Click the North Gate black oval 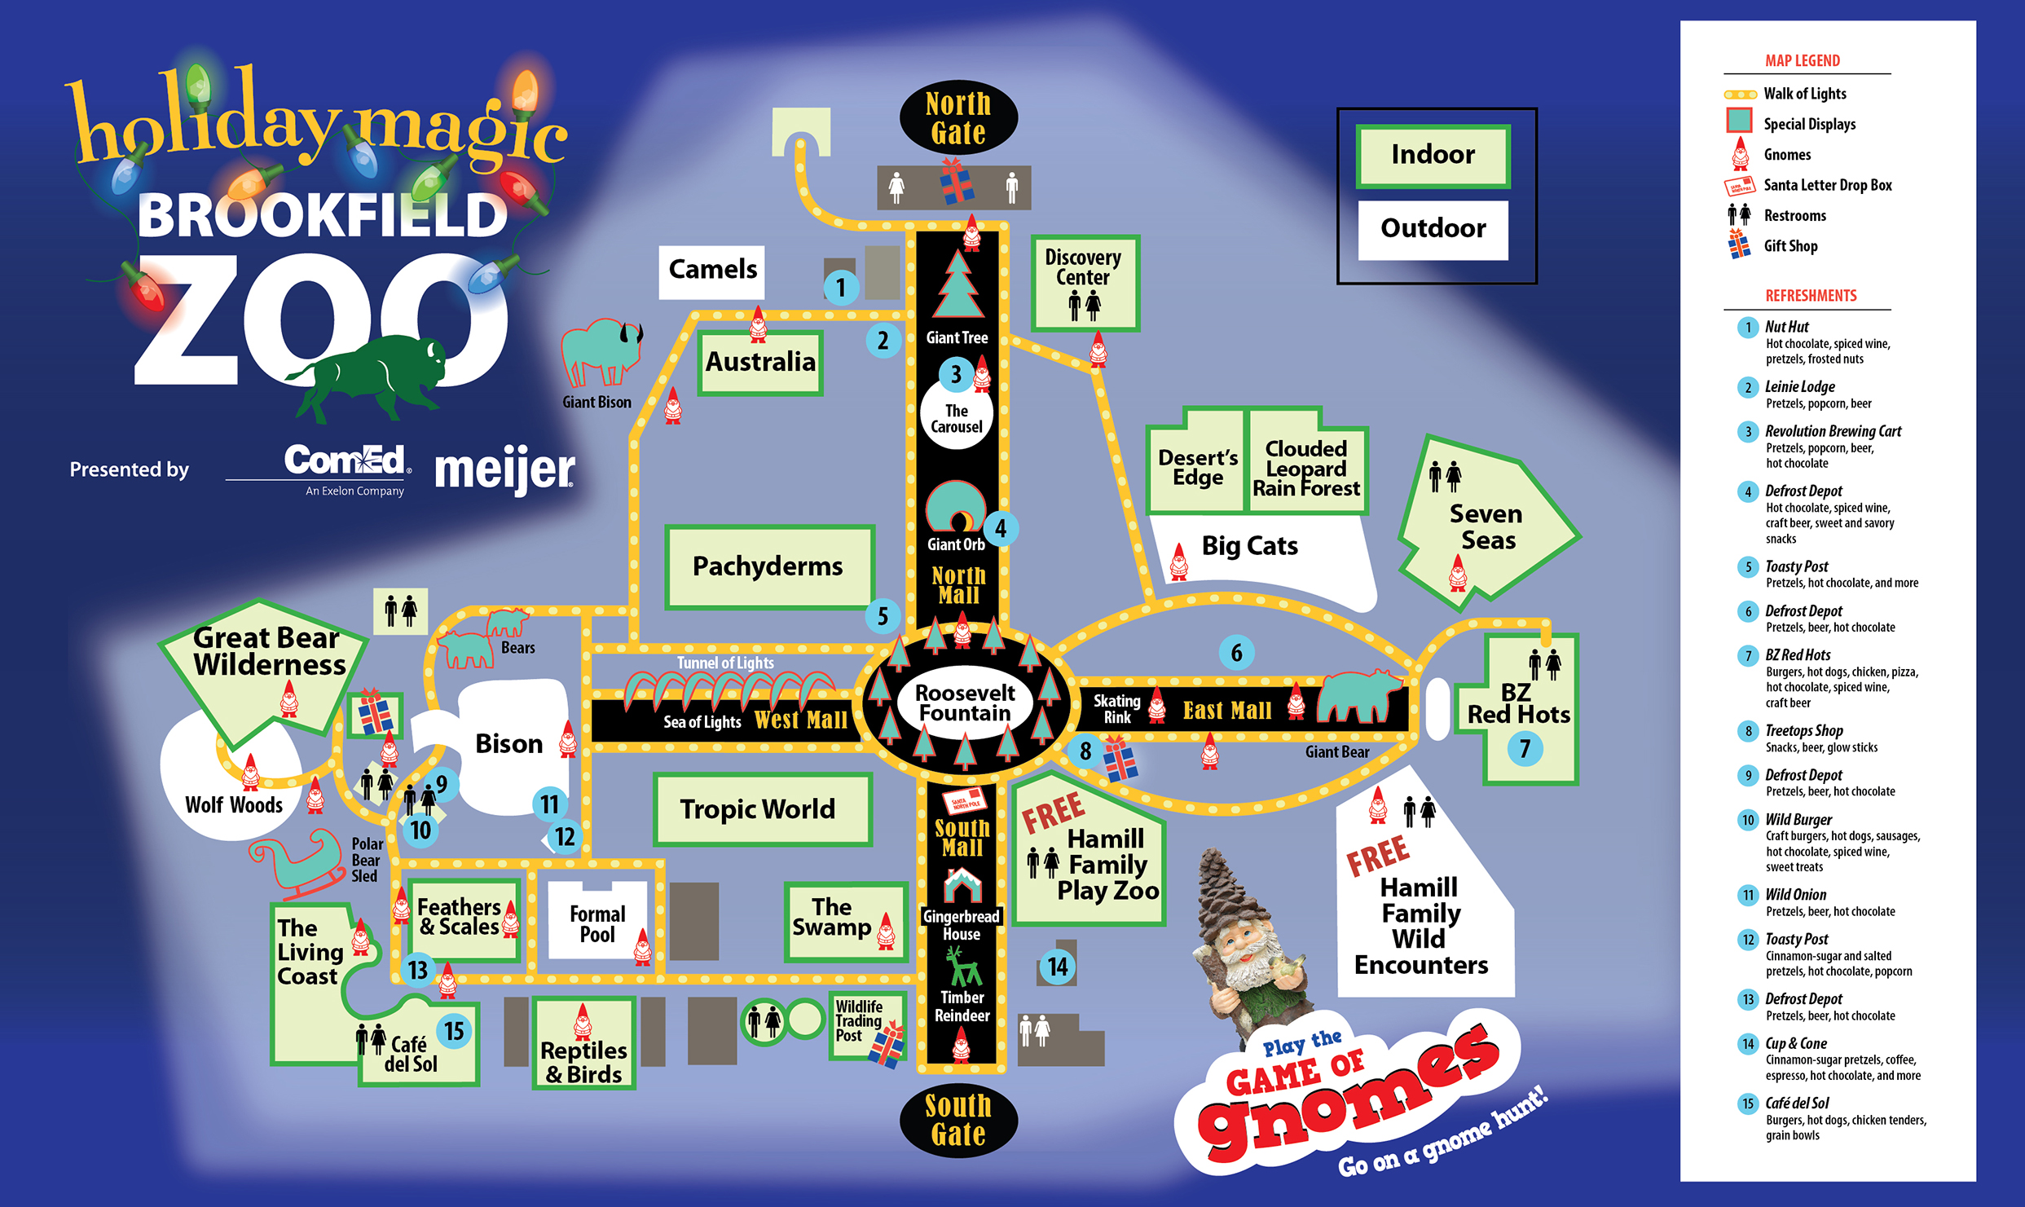958,118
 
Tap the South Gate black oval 958,1120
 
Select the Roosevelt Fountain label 965,703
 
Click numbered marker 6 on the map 1236,652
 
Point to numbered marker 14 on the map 1057,967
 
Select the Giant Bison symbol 601,352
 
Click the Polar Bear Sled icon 298,862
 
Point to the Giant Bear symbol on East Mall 1357,695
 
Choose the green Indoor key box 1433,155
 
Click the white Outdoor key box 1433,229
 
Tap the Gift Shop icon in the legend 1739,244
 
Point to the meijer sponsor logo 504,470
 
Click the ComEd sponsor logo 346,468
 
